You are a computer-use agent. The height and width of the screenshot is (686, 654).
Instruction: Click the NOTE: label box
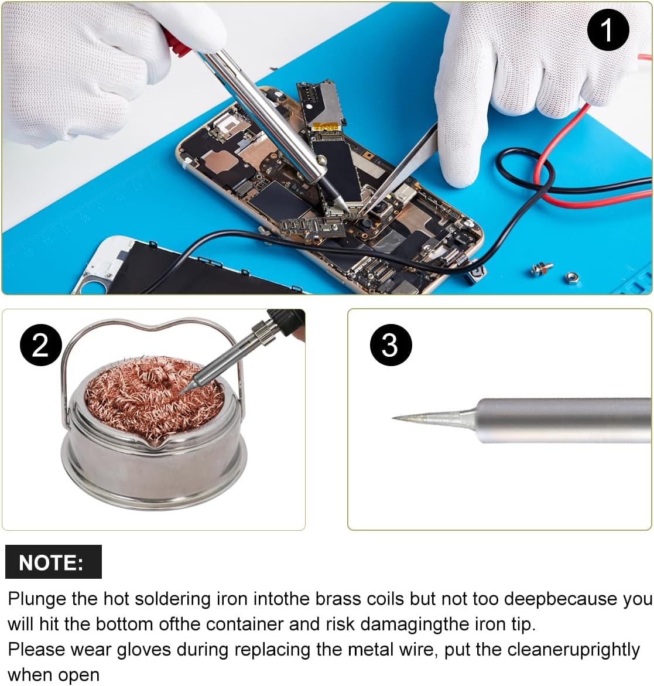53,562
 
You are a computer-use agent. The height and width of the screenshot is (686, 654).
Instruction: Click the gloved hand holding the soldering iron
88,64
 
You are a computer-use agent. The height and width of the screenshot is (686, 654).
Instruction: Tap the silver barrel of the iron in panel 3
562,419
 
